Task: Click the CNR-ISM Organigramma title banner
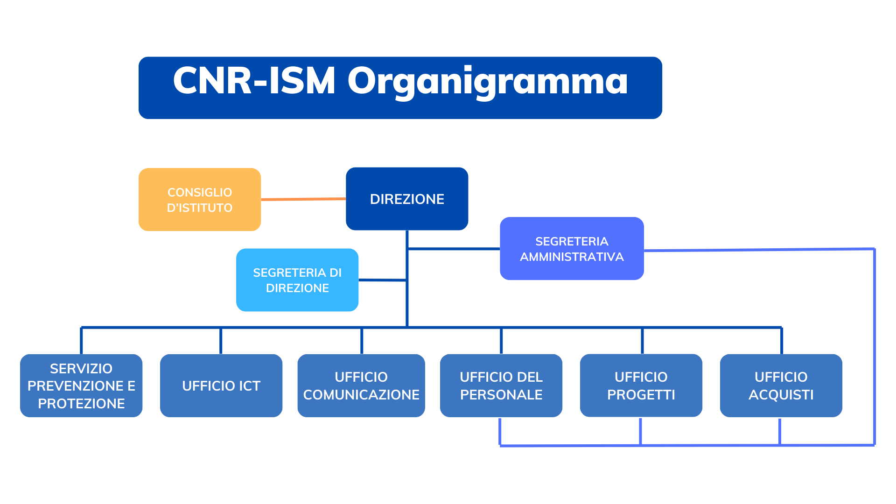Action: [x=400, y=88]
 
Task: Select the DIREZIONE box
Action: [x=407, y=199]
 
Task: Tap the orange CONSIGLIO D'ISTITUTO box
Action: [x=200, y=199]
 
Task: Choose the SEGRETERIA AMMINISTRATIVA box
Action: [x=572, y=248]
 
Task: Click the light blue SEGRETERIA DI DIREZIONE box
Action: [x=297, y=280]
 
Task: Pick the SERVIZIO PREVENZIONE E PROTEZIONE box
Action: [x=81, y=385]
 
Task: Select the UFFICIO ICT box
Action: [x=221, y=385]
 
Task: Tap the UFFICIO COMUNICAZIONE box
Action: [x=361, y=385]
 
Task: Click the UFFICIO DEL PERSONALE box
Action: [x=501, y=385]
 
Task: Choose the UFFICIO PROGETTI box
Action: [x=641, y=385]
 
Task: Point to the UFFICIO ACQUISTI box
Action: [x=781, y=385]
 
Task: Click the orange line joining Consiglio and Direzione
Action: [x=303, y=199]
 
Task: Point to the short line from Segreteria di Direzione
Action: [x=382, y=280]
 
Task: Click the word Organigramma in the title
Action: [x=488, y=81]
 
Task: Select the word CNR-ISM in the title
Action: [x=254, y=80]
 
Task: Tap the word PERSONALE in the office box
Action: [x=501, y=395]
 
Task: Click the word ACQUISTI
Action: [x=781, y=395]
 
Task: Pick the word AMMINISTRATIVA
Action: [x=572, y=257]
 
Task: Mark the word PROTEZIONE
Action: [x=81, y=404]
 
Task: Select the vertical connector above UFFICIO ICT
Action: [x=221, y=341]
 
